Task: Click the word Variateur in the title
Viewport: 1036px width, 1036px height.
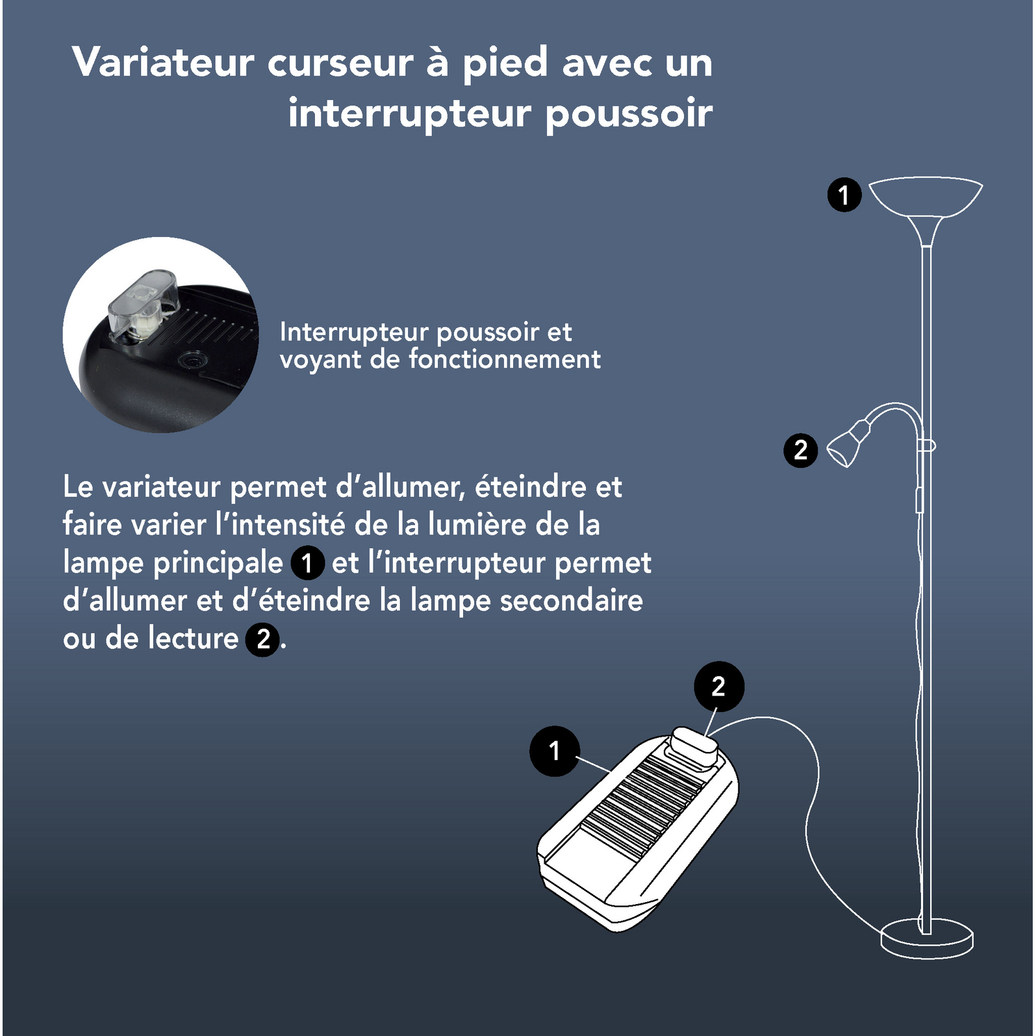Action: [162, 63]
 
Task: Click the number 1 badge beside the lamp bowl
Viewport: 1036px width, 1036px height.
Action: [844, 195]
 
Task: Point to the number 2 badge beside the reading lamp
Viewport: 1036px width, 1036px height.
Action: [800, 450]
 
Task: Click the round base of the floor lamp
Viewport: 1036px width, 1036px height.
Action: [926, 939]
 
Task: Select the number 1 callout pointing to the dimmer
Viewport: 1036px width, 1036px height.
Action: [554, 751]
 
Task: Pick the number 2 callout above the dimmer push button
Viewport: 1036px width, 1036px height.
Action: [718, 687]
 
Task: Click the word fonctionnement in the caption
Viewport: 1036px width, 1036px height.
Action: [504, 359]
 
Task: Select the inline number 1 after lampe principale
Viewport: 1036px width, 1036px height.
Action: [307, 563]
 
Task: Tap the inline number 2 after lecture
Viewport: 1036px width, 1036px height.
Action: [262, 639]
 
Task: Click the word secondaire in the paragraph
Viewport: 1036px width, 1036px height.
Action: [571, 601]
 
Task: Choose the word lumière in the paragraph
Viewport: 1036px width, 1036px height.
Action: [477, 525]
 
